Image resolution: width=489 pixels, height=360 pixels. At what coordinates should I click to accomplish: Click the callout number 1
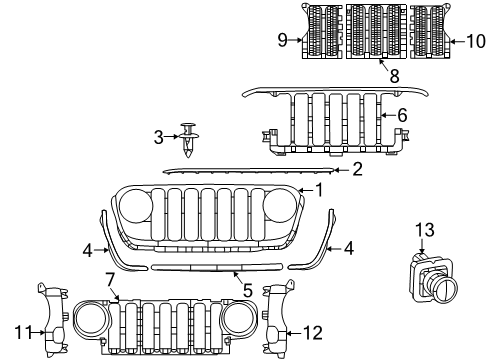318,189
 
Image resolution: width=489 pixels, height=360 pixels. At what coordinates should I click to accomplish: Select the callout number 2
356,170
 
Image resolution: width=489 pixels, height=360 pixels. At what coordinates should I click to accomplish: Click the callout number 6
402,115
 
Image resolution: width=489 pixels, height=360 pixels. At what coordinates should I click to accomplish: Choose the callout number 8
380,74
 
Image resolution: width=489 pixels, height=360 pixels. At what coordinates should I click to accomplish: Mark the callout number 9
283,41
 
